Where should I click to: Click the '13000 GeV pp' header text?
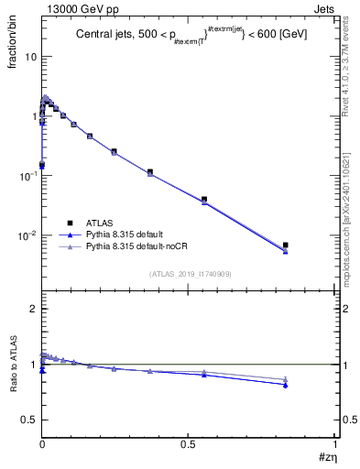[x=76, y=7]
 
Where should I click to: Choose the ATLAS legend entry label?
[x=102, y=222]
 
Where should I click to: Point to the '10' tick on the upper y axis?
[x=30, y=57]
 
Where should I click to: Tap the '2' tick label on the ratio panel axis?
[x=33, y=310]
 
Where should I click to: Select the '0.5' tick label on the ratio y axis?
[x=28, y=420]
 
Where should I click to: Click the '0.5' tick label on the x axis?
[x=188, y=442]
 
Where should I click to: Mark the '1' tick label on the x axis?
[x=336, y=442]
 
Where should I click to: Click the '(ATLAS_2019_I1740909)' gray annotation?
[x=190, y=274]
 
